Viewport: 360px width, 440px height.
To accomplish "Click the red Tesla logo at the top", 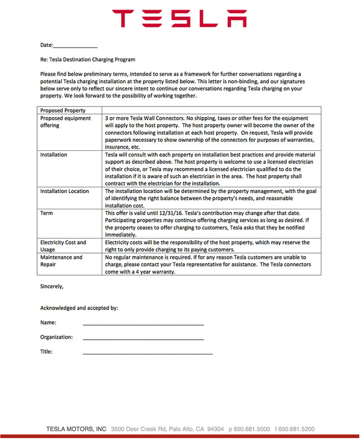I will tap(179, 18).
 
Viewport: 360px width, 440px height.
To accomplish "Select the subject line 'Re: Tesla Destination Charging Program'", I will tap(88, 59).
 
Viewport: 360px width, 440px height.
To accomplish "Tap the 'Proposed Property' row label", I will tap(63, 111).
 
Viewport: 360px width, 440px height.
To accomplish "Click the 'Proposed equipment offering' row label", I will tap(65, 122).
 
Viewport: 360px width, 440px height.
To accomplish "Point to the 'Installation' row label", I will tap(53, 154).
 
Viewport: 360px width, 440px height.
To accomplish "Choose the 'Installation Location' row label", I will tap(65, 191).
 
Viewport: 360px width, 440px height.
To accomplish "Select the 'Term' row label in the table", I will tap(47, 214).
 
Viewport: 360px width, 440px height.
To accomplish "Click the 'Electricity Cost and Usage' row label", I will tap(63, 246).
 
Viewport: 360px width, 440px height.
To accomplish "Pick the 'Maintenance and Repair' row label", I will tap(61, 261).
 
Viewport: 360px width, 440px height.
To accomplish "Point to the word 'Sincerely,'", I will tap(52, 286).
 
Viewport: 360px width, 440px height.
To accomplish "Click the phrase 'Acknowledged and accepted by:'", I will tap(79, 308).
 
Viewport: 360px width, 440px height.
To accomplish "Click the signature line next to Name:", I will tap(143, 325).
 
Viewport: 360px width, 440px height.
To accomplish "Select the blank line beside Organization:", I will tap(143, 339).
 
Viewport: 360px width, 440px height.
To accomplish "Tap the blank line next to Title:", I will tap(147, 353).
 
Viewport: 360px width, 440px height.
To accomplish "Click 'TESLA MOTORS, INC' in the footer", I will tap(76, 429).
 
